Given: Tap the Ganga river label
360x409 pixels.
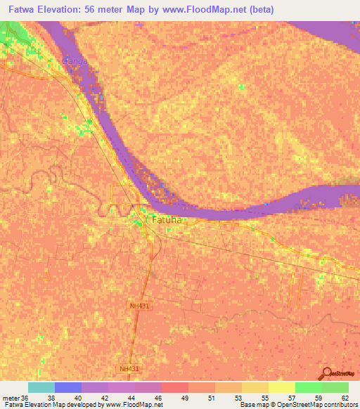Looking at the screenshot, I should coord(75,61).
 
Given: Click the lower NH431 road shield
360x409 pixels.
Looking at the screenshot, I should coord(127,368).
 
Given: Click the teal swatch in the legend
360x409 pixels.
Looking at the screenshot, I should coord(41,387).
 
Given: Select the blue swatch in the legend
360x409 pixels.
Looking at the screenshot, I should coord(67,387).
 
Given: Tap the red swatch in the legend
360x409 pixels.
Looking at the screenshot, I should coord(174,387).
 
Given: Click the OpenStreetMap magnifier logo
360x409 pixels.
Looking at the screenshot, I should coord(326,374).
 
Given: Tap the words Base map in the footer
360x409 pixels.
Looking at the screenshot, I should coord(255,405).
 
